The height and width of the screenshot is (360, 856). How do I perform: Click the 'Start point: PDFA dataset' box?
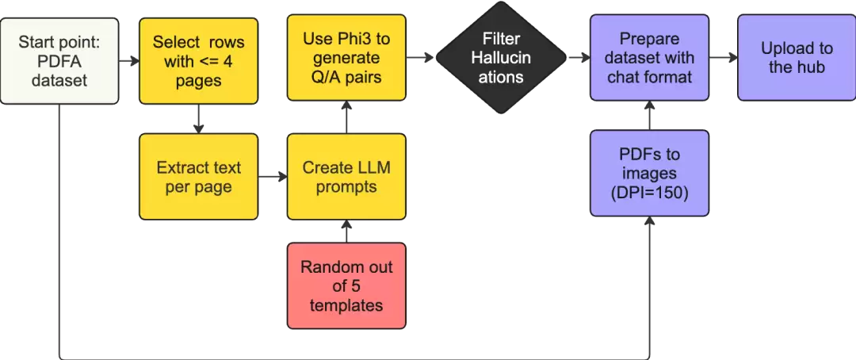click(x=59, y=60)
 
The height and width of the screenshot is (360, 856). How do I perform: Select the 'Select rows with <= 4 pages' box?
click(x=199, y=60)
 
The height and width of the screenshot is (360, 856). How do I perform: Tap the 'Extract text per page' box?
click(x=199, y=177)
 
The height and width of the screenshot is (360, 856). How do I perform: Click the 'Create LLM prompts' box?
click(x=346, y=177)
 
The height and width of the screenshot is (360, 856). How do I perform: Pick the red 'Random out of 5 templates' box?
click(x=346, y=285)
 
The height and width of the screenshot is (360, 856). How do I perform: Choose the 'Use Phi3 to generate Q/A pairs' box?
click(x=346, y=57)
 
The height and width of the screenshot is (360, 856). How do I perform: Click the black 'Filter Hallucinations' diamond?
click(x=501, y=57)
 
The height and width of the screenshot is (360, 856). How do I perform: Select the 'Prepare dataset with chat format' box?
click(x=650, y=57)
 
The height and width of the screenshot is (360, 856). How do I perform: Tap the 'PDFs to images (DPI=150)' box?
click(x=650, y=173)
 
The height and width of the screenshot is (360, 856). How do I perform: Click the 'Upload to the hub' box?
click(x=797, y=57)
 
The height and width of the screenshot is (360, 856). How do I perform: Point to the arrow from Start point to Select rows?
click(x=129, y=60)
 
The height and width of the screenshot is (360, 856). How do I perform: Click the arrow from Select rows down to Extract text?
click(x=199, y=119)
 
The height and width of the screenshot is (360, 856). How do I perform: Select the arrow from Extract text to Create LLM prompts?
click(x=273, y=177)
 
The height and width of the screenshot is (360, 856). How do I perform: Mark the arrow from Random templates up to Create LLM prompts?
click(x=346, y=232)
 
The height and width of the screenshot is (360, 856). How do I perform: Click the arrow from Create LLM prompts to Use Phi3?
click(x=346, y=117)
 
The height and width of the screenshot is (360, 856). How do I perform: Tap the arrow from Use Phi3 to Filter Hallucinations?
click(x=420, y=57)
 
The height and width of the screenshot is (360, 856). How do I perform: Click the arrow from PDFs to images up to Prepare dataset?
click(x=650, y=116)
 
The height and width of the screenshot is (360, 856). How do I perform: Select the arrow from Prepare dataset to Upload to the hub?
click(x=724, y=57)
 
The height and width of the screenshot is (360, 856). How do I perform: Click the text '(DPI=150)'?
click(x=650, y=193)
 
